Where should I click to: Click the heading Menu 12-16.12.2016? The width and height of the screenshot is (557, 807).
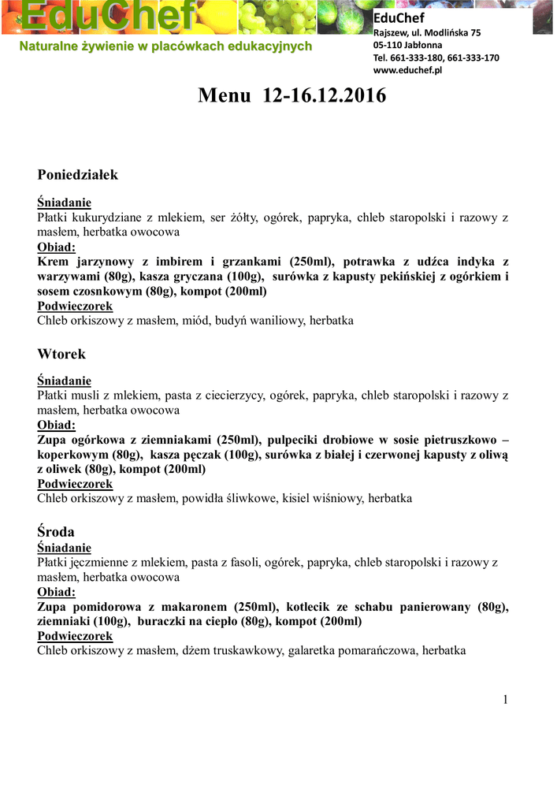coord(292,96)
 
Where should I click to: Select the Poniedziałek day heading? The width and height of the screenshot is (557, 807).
coord(77,174)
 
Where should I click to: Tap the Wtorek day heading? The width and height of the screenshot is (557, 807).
coord(61,353)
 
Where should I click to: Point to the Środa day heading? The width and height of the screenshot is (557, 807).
coord(56,531)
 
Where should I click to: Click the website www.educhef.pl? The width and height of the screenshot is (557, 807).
coord(407,69)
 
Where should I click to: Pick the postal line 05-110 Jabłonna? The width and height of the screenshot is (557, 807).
coord(407,45)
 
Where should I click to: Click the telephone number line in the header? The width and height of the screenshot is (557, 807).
coord(436,58)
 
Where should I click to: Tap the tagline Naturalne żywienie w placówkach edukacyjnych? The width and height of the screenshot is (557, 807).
coord(166,46)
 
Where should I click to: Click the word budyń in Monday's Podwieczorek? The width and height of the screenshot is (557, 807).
coord(233,321)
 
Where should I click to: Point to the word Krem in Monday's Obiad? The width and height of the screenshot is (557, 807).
coord(52,262)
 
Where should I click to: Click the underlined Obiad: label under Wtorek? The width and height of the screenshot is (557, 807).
coord(57,425)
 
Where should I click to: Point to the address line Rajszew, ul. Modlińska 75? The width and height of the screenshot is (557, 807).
coord(426,32)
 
